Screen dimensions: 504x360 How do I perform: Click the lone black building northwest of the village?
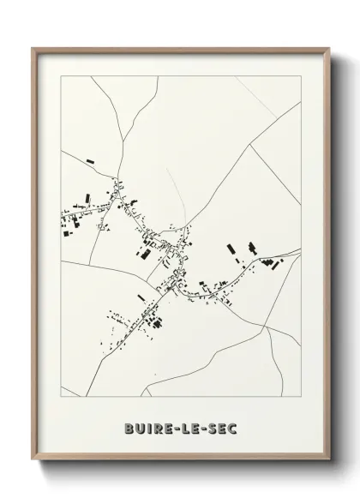(x=90, y=159)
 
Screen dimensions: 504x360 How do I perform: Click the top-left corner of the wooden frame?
(x=33, y=48)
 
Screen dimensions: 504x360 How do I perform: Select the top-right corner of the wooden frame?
(x=328, y=48)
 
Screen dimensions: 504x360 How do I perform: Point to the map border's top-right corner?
(x=301, y=75)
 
